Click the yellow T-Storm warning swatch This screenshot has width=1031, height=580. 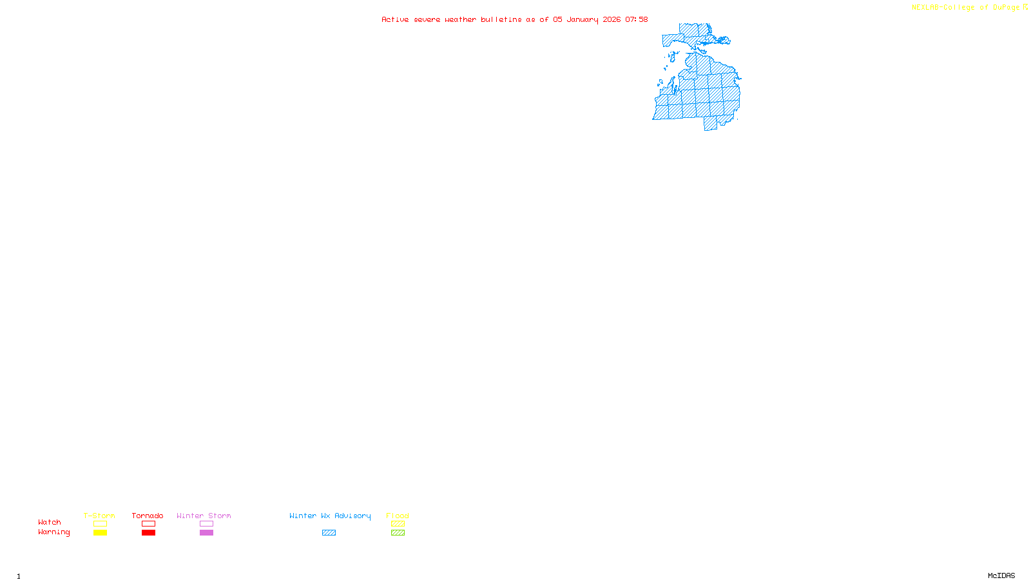point(100,533)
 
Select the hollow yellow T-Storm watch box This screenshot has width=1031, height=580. point(100,524)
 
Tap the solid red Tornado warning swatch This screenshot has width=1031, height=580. point(148,533)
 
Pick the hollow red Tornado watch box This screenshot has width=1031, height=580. point(148,524)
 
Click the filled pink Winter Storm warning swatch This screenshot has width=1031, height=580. point(206,533)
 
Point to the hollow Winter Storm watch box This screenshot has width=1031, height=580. point(206,524)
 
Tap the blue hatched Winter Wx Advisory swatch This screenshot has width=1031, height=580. point(329,533)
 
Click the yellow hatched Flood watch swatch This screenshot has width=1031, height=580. point(398,524)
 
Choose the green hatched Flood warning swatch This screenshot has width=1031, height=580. point(398,533)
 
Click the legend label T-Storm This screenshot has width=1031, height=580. point(99,516)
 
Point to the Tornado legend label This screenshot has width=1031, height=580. point(148,516)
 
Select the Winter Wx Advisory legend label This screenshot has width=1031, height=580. point(330,516)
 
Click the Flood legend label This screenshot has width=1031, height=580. point(398,516)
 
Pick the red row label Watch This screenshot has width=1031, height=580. point(50,523)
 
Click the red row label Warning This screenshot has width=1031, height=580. point(54,532)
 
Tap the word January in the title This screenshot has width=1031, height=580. point(583,20)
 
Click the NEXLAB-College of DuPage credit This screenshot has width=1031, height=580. point(966,8)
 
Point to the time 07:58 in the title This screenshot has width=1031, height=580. point(637,20)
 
